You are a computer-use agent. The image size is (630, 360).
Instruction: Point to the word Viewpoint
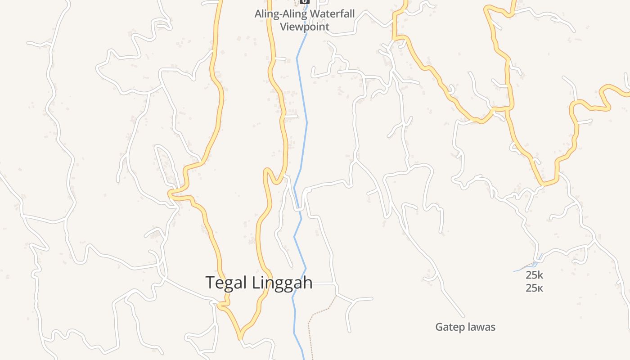tap(305, 27)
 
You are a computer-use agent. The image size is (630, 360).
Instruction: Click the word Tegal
tap(226, 283)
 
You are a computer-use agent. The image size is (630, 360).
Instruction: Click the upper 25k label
tap(535, 275)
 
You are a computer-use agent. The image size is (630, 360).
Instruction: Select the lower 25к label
tap(535, 288)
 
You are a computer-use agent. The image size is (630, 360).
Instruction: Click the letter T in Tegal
tap(211, 282)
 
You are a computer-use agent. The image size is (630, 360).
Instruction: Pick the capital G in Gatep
tap(439, 327)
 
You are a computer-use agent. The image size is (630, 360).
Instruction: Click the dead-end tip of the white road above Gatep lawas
tap(464, 317)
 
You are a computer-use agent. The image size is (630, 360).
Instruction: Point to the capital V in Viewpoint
tap(283, 27)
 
